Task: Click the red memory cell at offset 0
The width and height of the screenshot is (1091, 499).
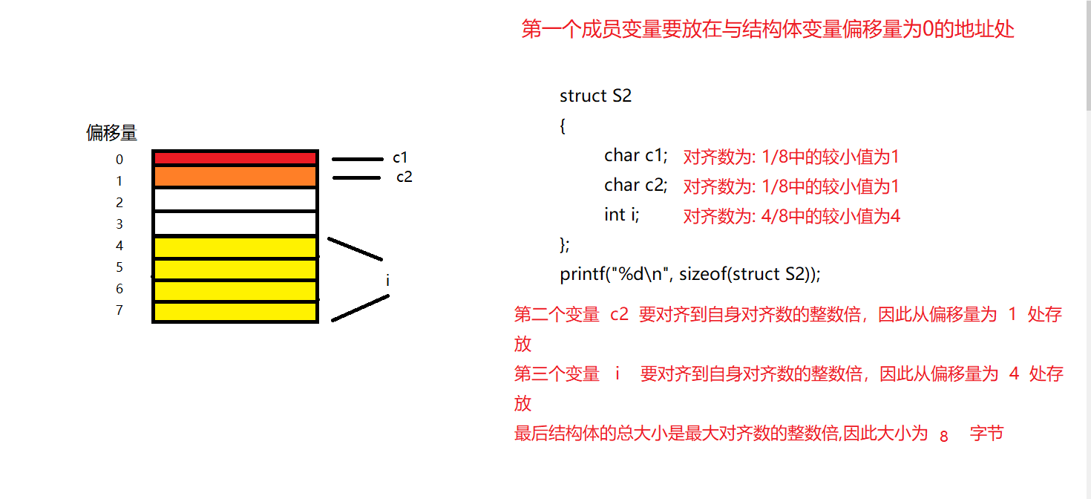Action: [x=235, y=157]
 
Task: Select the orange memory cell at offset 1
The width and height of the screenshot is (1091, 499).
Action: [x=235, y=177]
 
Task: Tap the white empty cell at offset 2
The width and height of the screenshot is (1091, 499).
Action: [x=235, y=200]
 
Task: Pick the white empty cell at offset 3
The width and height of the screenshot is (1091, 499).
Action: [x=235, y=224]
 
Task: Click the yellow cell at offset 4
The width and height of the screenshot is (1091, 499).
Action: [x=235, y=247]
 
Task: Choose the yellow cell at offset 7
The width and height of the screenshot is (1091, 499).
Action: [x=235, y=312]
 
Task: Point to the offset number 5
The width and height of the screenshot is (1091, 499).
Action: [x=119, y=267]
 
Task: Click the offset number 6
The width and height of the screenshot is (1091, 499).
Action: [x=119, y=289]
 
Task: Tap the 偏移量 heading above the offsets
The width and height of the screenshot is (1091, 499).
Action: [x=112, y=134]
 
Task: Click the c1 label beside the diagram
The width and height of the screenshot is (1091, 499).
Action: [x=400, y=157]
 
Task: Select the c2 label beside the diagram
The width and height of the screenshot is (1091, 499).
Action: [x=404, y=177]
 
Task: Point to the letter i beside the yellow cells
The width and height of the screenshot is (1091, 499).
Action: [x=387, y=281]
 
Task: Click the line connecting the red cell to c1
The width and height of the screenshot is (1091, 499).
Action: [x=356, y=159]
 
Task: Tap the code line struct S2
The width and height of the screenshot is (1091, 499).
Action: [x=595, y=96]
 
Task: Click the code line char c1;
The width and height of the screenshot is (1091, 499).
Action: [x=636, y=155]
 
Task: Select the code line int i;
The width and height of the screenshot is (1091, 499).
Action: [x=621, y=215]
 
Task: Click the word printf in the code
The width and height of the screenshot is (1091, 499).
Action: [x=581, y=274]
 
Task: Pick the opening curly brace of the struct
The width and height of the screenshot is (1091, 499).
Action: [x=563, y=126]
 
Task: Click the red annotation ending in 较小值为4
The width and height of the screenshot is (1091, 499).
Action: [x=791, y=217]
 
